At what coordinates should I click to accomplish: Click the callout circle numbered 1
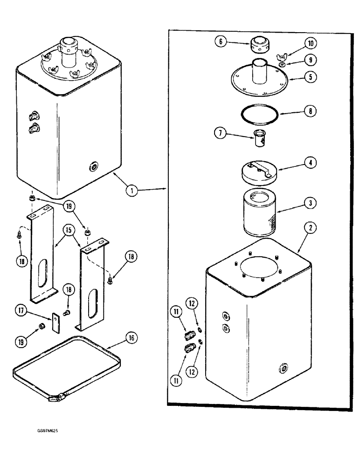[x=132, y=190]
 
